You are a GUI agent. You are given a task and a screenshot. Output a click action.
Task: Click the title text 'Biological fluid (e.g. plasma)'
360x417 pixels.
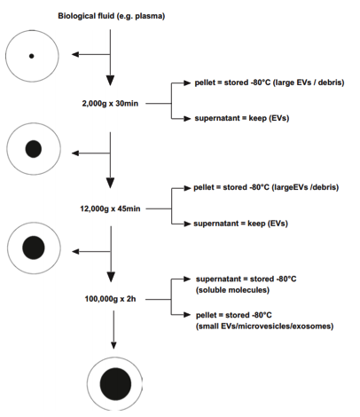tap(111, 16)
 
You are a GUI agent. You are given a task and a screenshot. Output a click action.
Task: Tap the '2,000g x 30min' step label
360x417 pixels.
tap(110, 104)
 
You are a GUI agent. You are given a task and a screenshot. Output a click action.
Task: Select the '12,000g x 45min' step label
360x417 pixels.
tap(110, 208)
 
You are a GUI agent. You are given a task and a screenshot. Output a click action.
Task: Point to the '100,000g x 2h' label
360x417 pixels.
tap(110, 299)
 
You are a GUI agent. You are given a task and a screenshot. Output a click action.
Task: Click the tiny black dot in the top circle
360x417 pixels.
tap(31, 56)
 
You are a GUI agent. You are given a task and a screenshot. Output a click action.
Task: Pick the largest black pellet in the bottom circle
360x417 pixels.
tap(115, 384)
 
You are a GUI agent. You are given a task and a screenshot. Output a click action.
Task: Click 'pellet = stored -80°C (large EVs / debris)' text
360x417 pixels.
tap(270, 83)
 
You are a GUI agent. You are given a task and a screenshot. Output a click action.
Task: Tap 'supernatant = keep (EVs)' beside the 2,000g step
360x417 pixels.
tap(242, 118)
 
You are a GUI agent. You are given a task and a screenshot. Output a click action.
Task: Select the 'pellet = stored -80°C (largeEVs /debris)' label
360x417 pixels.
tap(266, 187)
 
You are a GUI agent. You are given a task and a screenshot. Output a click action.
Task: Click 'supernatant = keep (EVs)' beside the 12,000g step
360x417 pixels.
tap(240, 224)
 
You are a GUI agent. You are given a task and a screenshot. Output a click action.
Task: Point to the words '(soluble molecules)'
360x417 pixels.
tap(232, 290)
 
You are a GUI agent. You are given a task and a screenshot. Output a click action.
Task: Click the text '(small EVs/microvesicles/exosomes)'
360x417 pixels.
tap(264, 327)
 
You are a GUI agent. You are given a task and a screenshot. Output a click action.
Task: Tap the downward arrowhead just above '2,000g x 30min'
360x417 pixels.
tap(110, 81)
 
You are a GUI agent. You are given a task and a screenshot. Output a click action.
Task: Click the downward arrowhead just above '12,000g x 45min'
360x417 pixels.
tap(110, 183)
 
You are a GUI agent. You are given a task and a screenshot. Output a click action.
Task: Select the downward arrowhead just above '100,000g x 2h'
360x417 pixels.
tap(111, 277)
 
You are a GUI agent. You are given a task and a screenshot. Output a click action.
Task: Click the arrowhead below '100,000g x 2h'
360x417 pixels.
tap(113, 345)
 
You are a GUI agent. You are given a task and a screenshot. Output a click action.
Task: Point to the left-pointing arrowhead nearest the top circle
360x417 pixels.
tap(75, 54)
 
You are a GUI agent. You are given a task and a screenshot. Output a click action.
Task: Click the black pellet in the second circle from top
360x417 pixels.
tap(34, 149)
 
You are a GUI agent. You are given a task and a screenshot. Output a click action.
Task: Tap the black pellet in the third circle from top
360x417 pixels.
tap(34, 248)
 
